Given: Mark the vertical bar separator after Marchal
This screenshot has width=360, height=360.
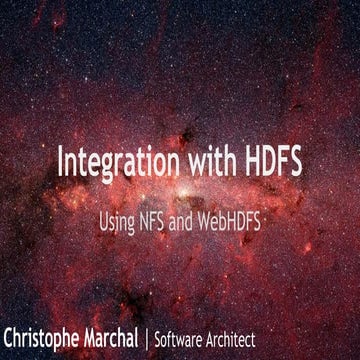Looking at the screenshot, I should pyautogui.click(x=176, y=335).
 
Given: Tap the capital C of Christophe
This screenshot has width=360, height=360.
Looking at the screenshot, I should pyautogui.click(x=10, y=334).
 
